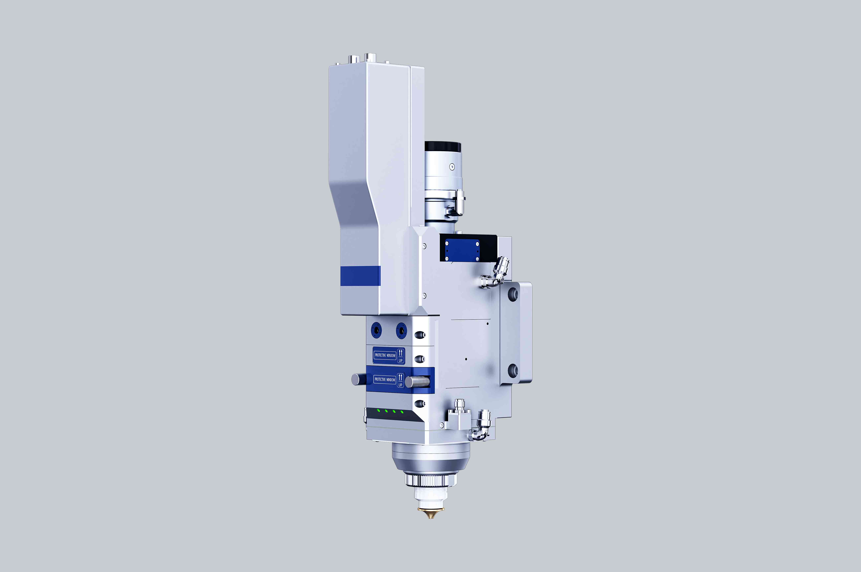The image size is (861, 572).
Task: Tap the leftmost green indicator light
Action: pyautogui.click(x=379, y=410)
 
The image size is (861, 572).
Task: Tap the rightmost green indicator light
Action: pyautogui.click(x=402, y=412)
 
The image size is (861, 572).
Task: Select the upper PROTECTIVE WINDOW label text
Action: pyautogui.click(x=385, y=355)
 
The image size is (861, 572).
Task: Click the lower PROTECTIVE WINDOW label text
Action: pyautogui.click(x=385, y=379)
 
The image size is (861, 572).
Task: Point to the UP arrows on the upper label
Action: pyautogui.click(x=400, y=353)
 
